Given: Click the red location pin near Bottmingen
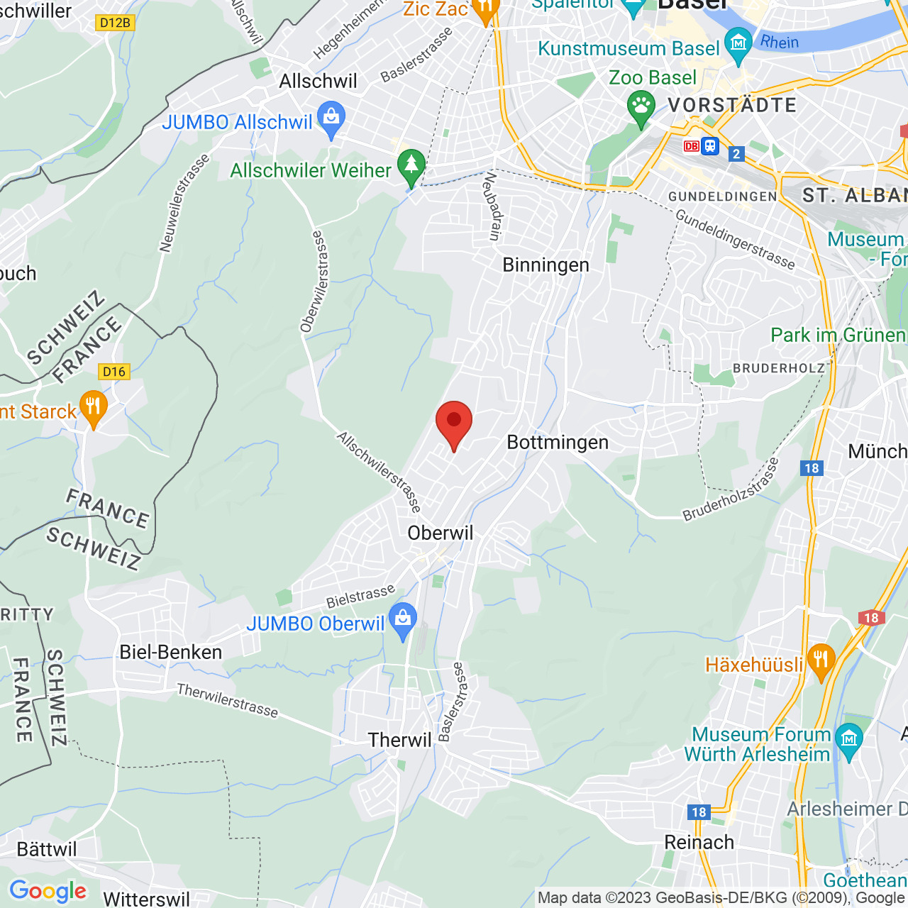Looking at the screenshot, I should tap(454, 423).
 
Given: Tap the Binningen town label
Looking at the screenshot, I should tap(546, 265).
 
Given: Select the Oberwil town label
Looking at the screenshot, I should tap(440, 533).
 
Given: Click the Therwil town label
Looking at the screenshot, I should tap(399, 741).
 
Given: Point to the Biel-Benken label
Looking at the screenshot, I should tap(171, 653).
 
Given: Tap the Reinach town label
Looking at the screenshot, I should tap(699, 843).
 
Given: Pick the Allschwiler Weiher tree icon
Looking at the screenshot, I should tap(411, 166).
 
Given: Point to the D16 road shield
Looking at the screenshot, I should tap(113, 372).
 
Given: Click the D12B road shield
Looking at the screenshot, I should tap(115, 23).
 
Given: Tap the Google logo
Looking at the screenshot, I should tap(48, 891).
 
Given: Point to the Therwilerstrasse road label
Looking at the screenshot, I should tap(228, 701).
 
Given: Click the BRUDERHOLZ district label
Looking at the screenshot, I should tap(779, 368).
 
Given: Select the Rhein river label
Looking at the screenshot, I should tap(780, 43).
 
